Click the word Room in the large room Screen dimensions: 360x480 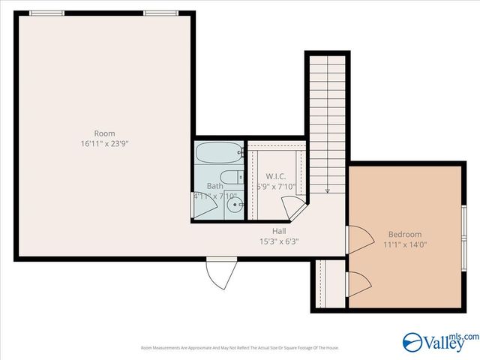[x=104, y=133]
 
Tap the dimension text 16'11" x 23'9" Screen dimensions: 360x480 [x=104, y=143]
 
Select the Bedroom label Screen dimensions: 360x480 [x=405, y=234]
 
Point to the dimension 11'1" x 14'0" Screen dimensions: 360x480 [x=405, y=244]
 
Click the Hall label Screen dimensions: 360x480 [x=279, y=231]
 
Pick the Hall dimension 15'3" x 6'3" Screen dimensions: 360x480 [x=279, y=241]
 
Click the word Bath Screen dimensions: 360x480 [x=215, y=186]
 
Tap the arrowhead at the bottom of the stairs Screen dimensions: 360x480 [x=328, y=190]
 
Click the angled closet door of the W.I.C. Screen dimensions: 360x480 [x=289, y=205]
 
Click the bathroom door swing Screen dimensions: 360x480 [x=199, y=206]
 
